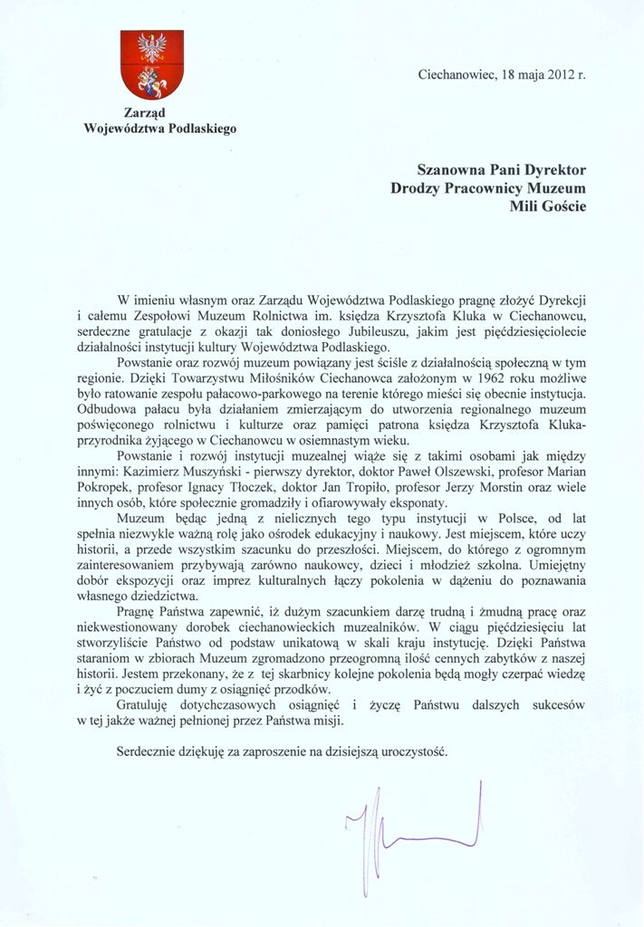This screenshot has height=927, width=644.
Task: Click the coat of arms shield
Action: tap(152, 64)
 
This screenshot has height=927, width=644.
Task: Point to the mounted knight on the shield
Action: tap(152, 82)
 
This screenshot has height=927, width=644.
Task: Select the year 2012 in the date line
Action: tap(561, 75)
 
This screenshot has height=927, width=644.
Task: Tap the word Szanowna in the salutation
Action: tap(453, 169)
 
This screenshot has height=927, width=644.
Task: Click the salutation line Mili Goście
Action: tap(549, 206)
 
